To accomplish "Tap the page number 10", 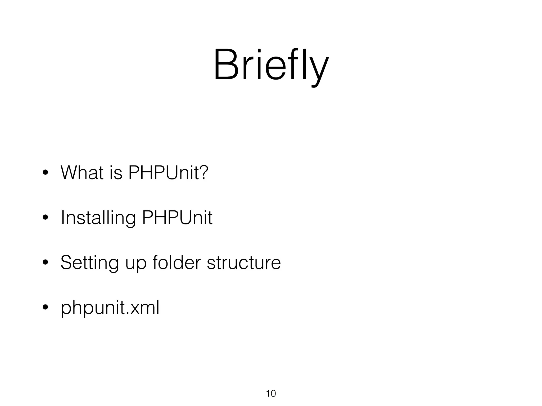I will (271, 394).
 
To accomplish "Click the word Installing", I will (98, 218).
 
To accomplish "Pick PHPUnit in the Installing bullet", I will (177, 218).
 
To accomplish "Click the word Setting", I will (89, 263).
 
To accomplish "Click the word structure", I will (244, 263).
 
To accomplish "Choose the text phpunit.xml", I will (110, 308).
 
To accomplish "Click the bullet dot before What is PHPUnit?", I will (45, 173).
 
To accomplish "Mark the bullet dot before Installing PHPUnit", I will (45, 218).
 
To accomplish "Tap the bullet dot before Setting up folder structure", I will (45, 263).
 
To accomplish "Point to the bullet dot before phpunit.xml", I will (45, 308).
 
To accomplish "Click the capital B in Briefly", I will (225, 65).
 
